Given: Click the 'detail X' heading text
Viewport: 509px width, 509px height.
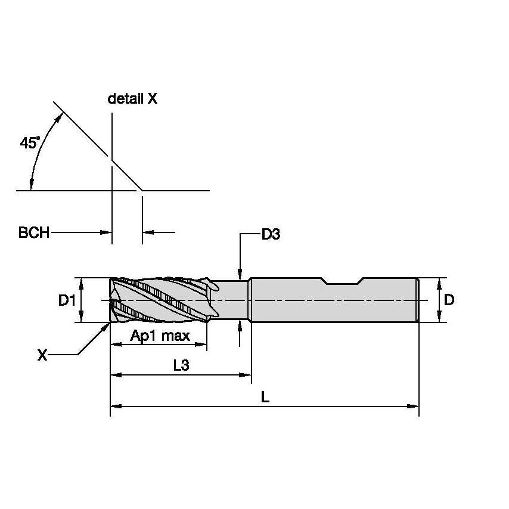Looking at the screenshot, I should click(132, 99).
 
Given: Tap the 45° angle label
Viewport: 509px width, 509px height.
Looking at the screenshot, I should click(29, 143).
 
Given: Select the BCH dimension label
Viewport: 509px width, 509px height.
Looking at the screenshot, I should click(34, 232).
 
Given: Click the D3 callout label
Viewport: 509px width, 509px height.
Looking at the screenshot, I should click(271, 234).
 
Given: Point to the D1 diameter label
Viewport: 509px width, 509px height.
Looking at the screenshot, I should click(66, 300).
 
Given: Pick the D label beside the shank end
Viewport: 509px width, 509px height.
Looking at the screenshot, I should click(449, 300).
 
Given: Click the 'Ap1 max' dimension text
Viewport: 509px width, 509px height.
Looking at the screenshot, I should click(160, 336).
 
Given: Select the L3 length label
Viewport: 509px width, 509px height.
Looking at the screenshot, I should click(181, 366).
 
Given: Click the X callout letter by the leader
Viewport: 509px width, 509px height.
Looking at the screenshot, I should click(42, 356).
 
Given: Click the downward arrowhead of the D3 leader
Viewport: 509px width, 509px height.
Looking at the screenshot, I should click(240, 274).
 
